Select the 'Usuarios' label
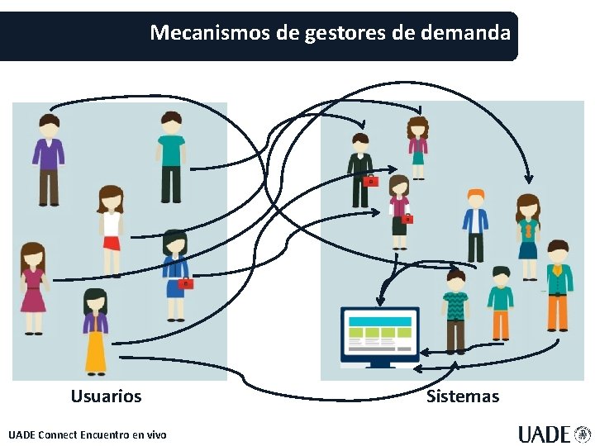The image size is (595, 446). coord(106,396)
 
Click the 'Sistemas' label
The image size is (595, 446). coord(463,396)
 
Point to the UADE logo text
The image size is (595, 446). coord(545,434)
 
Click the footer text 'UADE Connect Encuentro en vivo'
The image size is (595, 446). coord(87,434)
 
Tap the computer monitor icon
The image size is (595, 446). coord(380,334)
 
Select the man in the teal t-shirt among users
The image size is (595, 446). coord(171,157)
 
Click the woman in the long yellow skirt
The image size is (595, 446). coord(96,330)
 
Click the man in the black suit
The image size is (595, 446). coord(359,169)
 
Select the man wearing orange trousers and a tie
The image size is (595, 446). coord(559,285)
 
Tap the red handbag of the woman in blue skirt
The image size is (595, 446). coord(186,283)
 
